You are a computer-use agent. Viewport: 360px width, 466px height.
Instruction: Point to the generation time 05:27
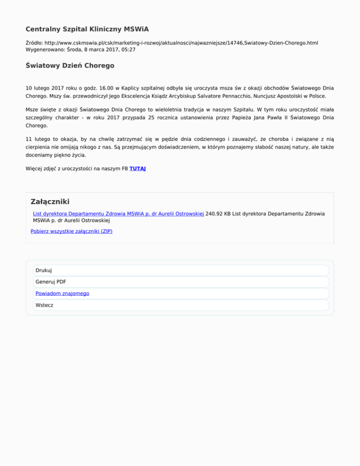127,49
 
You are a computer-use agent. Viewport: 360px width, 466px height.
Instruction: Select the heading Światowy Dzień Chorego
70,66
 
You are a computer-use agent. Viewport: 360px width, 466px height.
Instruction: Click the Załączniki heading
50,202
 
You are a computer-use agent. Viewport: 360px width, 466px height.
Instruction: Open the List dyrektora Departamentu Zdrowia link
118,213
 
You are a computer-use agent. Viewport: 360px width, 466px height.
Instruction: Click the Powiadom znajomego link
62,293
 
